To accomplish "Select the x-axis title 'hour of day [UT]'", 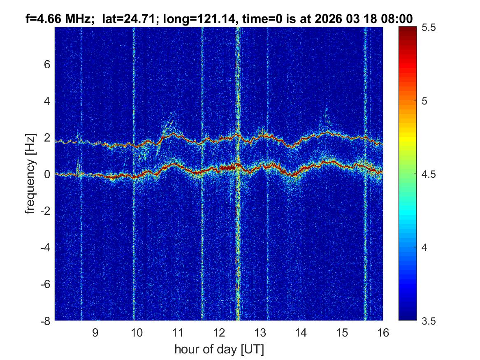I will point(219,349).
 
